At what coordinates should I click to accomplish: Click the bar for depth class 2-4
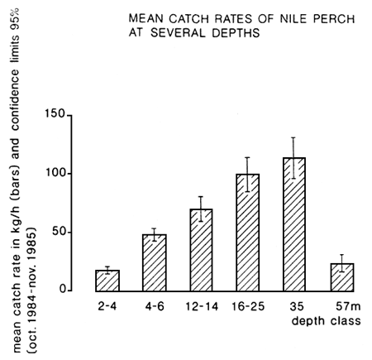(107, 281)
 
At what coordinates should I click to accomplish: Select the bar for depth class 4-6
(155, 262)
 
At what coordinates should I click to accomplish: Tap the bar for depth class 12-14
(202, 250)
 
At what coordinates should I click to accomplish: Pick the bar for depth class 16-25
(248, 233)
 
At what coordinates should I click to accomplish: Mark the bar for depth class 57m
(342, 278)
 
